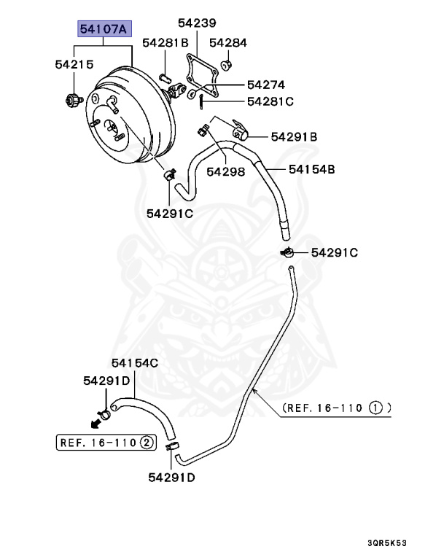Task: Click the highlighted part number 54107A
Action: [x=104, y=31]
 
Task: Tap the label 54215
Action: [x=74, y=64]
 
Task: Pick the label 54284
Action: [x=228, y=43]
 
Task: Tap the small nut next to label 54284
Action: [x=226, y=66]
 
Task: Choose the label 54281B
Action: [x=165, y=43]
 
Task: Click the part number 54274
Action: [x=265, y=85]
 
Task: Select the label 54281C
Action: [x=270, y=101]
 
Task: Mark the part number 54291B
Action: [x=294, y=136]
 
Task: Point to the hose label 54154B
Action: [x=311, y=169]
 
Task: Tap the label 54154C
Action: [x=135, y=362]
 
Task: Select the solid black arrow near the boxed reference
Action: [x=94, y=423]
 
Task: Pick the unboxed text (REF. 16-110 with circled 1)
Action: [x=336, y=408]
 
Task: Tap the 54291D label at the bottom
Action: [x=171, y=478]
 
